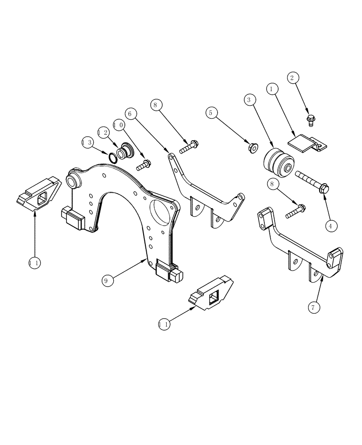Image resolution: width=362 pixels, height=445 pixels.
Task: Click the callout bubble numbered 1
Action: point(271,89)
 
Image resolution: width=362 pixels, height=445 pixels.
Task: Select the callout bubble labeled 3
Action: point(250,99)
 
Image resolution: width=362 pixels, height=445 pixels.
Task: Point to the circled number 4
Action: point(330,226)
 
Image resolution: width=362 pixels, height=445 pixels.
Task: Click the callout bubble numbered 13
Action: point(88,142)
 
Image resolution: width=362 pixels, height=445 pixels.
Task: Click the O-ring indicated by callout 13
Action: point(114,157)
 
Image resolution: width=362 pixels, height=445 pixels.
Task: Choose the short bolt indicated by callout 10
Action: point(143,165)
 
